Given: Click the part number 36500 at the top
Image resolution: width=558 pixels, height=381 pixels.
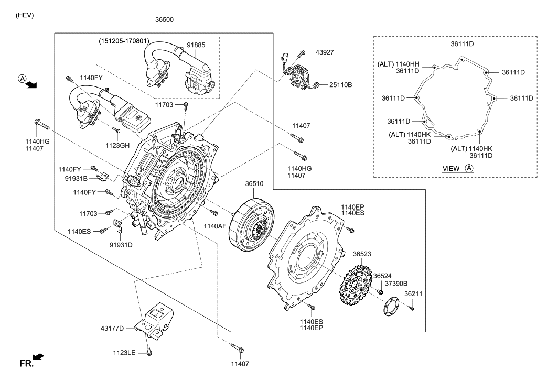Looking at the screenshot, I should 164,20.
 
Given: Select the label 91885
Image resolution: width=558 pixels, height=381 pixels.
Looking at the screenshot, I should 195,45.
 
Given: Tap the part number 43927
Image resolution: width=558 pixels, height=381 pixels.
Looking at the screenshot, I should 325,52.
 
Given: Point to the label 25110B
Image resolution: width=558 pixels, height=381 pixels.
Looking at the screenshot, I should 340,84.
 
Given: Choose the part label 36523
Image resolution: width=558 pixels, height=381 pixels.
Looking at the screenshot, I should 362,254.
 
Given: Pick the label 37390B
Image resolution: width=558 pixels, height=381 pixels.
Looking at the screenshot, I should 396,284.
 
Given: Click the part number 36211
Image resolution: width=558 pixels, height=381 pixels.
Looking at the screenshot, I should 413,295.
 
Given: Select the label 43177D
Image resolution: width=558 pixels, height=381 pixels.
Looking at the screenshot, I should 112,328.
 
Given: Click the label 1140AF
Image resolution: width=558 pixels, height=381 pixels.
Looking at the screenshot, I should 215,226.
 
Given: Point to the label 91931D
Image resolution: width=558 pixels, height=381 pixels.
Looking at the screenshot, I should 121,244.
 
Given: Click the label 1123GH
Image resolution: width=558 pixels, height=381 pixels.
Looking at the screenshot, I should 117,145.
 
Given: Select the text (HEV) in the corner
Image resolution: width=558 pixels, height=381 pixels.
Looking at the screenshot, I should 25,15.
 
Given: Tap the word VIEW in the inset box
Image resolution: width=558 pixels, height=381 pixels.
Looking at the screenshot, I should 452,168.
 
